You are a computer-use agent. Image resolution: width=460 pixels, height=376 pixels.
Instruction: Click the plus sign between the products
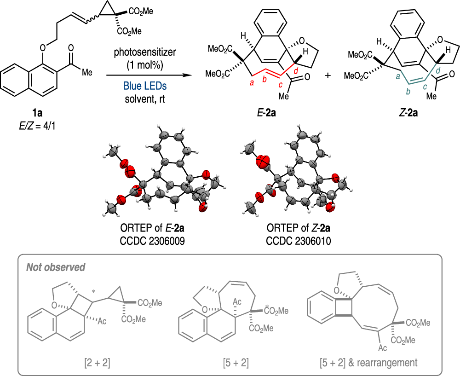coord(328,75)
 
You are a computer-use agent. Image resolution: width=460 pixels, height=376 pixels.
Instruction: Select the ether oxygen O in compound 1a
coord(43,47)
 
